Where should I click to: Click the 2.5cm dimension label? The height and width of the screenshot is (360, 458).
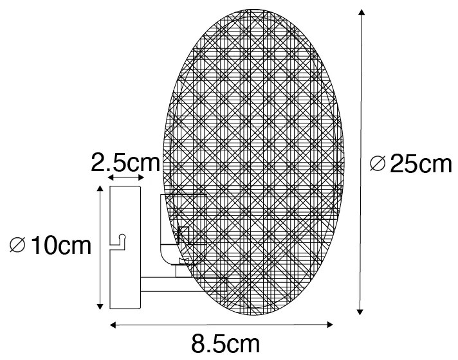point(125,162)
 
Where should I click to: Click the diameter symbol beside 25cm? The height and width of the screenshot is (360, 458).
point(378,165)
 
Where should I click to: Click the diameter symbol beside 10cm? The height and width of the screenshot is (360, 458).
point(19,246)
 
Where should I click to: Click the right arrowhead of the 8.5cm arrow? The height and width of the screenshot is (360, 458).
point(332,324)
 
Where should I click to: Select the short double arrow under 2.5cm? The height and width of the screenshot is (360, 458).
point(125,177)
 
